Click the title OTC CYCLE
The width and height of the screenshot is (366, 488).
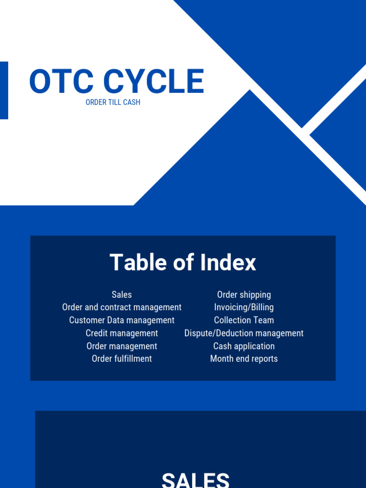(x=117, y=81)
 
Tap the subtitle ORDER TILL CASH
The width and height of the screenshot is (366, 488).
(x=113, y=102)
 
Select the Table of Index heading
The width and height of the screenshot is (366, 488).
(x=183, y=263)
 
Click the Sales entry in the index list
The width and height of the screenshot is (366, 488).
(x=122, y=295)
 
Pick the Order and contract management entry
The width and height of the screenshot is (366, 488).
(x=122, y=307)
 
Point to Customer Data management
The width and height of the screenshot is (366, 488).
(x=122, y=320)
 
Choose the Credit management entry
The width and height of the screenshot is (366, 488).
(x=122, y=333)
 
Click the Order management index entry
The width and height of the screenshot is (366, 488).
(x=122, y=346)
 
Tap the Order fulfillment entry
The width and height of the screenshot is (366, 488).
(x=122, y=359)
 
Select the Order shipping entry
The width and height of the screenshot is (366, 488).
(x=244, y=295)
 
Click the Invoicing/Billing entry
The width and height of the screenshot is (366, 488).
(x=244, y=307)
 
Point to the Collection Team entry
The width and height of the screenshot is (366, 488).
(x=244, y=320)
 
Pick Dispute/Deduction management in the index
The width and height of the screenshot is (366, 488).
(x=244, y=333)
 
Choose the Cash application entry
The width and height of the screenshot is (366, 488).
(x=244, y=346)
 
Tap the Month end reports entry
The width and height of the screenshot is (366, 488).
(x=244, y=359)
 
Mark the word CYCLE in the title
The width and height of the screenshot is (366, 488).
(x=153, y=81)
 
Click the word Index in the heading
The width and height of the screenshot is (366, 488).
(x=228, y=263)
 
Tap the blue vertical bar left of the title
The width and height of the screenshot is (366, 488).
(x=4, y=90)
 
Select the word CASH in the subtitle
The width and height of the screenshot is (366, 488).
(x=132, y=102)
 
